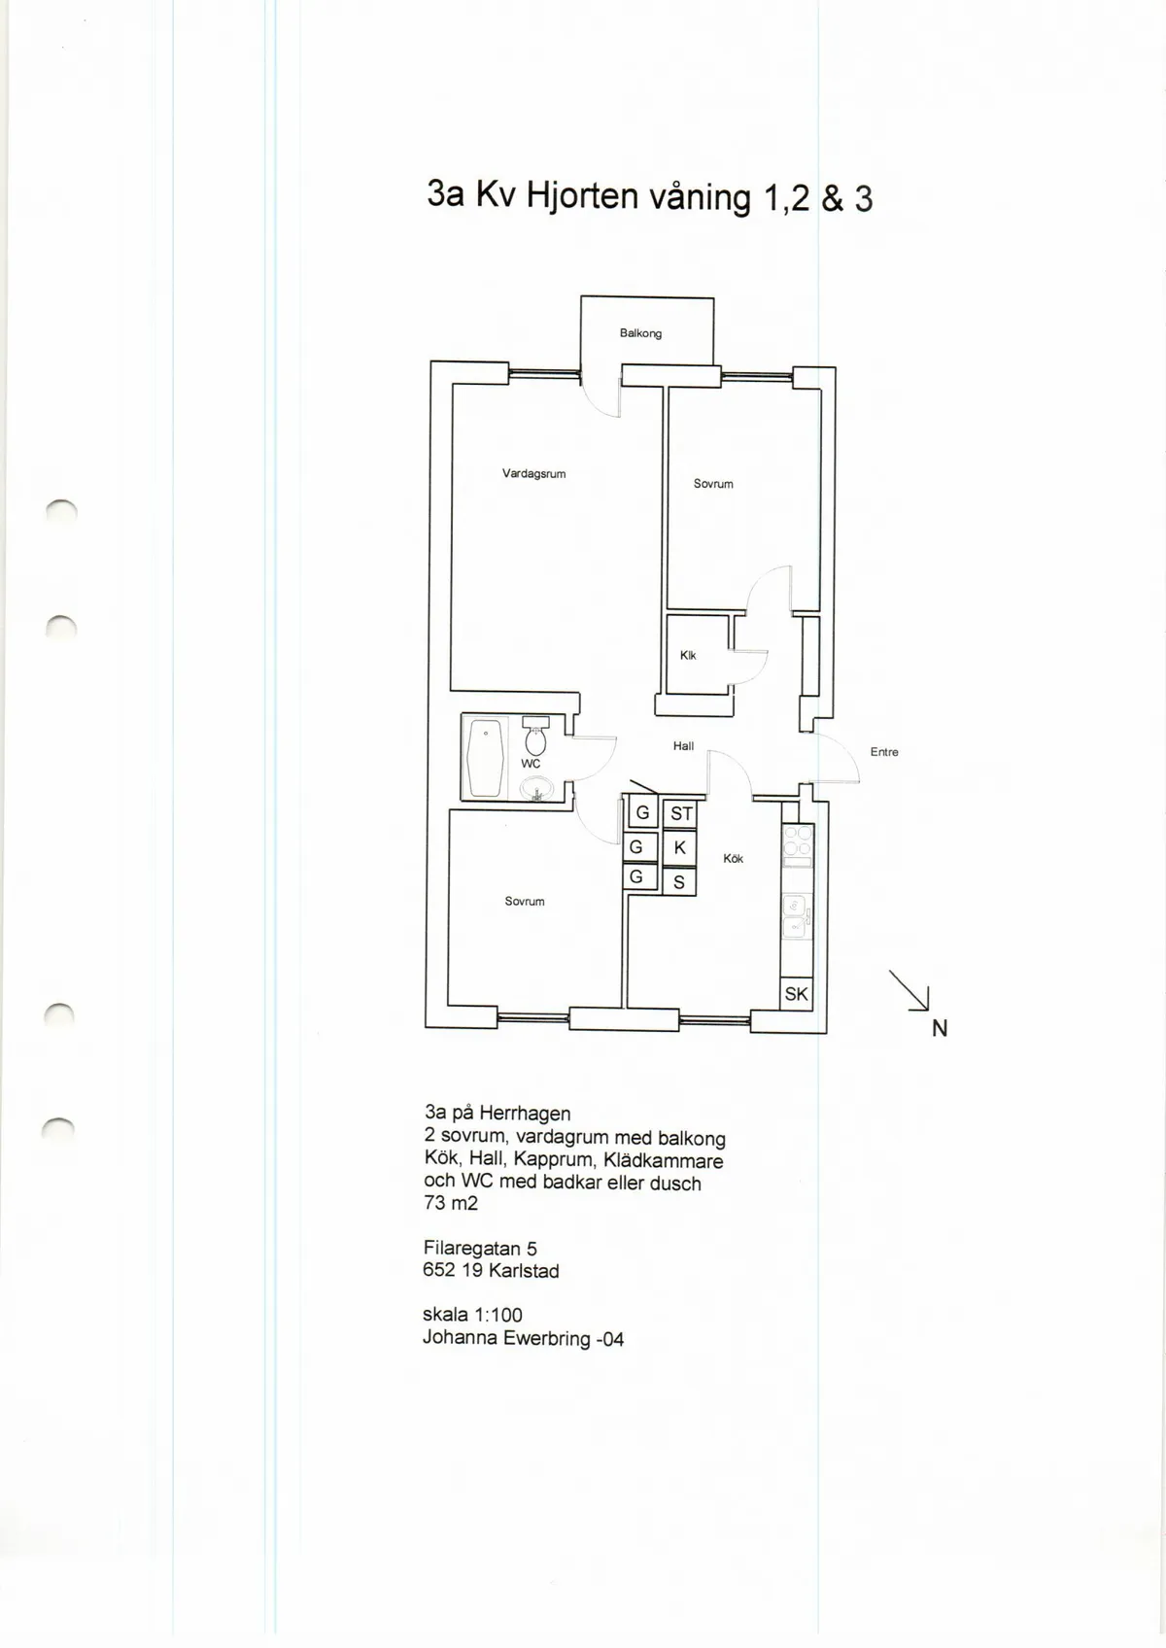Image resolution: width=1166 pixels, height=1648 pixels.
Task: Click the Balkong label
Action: [640, 333]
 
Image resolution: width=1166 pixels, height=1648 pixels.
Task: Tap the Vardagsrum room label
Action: [534, 474]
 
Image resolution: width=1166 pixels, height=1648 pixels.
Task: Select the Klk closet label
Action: [688, 656]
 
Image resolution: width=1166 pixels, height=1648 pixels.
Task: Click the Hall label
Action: [683, 746]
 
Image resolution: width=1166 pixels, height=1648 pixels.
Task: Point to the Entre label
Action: [884, 752]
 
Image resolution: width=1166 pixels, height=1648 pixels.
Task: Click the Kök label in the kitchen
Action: [734, 859]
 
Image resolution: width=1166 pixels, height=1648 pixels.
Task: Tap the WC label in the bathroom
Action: [531, 764]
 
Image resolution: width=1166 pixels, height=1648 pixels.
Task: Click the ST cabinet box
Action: [680, 813]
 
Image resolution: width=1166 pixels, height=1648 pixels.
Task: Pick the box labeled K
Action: [680, 847]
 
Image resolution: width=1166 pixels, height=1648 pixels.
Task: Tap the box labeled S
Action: [679, 881]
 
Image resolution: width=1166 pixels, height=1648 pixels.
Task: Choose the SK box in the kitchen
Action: [796, 994]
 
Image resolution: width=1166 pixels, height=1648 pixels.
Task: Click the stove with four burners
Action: [798, 846]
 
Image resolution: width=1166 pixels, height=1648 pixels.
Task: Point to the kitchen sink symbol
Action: [796, 916]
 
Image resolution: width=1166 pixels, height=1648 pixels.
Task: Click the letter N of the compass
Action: [940, 1028]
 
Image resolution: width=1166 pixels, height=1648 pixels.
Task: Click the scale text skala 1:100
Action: [472, 1315]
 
